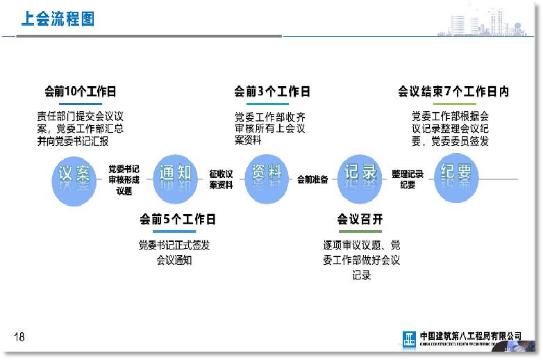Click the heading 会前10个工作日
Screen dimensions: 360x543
coord(80,92)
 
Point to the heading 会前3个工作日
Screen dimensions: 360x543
coord(271,92)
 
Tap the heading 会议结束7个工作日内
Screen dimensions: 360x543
coord(453,92)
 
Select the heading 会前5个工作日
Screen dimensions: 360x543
coord(178,220)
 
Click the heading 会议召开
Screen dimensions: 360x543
coord(360,220)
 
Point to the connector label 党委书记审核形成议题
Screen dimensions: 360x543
coord(124,180)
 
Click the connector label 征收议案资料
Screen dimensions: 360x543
coord(221,179)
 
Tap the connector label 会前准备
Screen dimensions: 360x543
coord(312,179)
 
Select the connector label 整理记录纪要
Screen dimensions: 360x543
coord(408,179)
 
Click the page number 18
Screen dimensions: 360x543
coord(19,337)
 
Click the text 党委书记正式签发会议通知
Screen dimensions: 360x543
coord(174,252)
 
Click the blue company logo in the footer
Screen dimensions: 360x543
coord(410,338)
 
